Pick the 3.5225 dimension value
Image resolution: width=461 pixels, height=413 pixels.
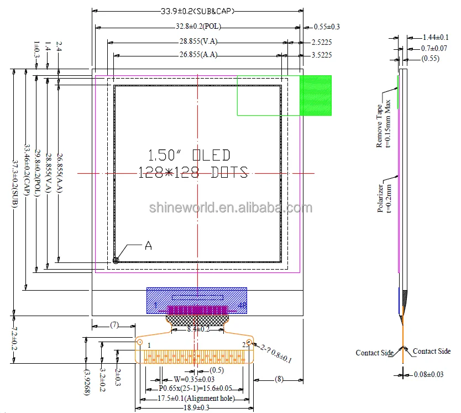coord(322,55)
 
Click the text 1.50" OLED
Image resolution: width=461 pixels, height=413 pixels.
coord(189,155)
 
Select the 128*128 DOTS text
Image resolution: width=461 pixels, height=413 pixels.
coord(192,173)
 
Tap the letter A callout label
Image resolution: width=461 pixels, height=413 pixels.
coord(148,246)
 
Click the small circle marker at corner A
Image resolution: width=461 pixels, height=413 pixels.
coord(116,260)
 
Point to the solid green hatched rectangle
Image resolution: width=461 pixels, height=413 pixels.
coord(316,95)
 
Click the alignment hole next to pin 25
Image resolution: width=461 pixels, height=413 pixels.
coord(249,343)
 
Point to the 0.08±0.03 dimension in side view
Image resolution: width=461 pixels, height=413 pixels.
coord(429,375)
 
